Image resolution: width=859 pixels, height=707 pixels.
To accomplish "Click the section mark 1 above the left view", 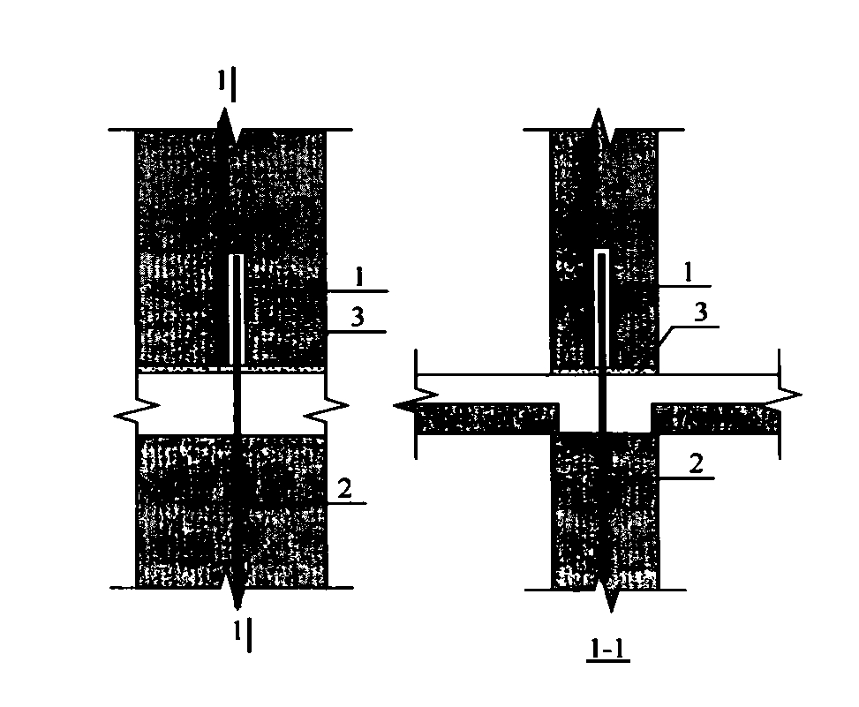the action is [x=222, y=80].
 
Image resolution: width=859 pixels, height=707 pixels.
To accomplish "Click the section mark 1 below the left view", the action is [x=237, y=631].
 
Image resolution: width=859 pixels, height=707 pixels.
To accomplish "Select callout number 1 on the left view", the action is [x=358, y=277].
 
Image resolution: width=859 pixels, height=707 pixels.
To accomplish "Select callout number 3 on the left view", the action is [x=358, y=317].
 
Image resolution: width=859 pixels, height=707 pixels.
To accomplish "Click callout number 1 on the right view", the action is [x=689, y=272].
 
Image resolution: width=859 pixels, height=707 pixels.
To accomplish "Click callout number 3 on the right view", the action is [x=701, y=312].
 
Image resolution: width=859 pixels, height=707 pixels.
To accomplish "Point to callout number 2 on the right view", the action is [x=696, y=464].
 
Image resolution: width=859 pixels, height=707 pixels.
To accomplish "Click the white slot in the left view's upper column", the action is [x=236, y=310].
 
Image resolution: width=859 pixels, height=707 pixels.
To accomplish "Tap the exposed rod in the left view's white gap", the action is [x=237, y=404].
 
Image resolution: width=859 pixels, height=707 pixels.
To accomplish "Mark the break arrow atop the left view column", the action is [x=229, y=127].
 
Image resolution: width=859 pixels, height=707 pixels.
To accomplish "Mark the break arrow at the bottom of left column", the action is [x=237, y=590].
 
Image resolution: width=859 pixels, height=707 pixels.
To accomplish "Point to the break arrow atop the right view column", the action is [x=599, y=126].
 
